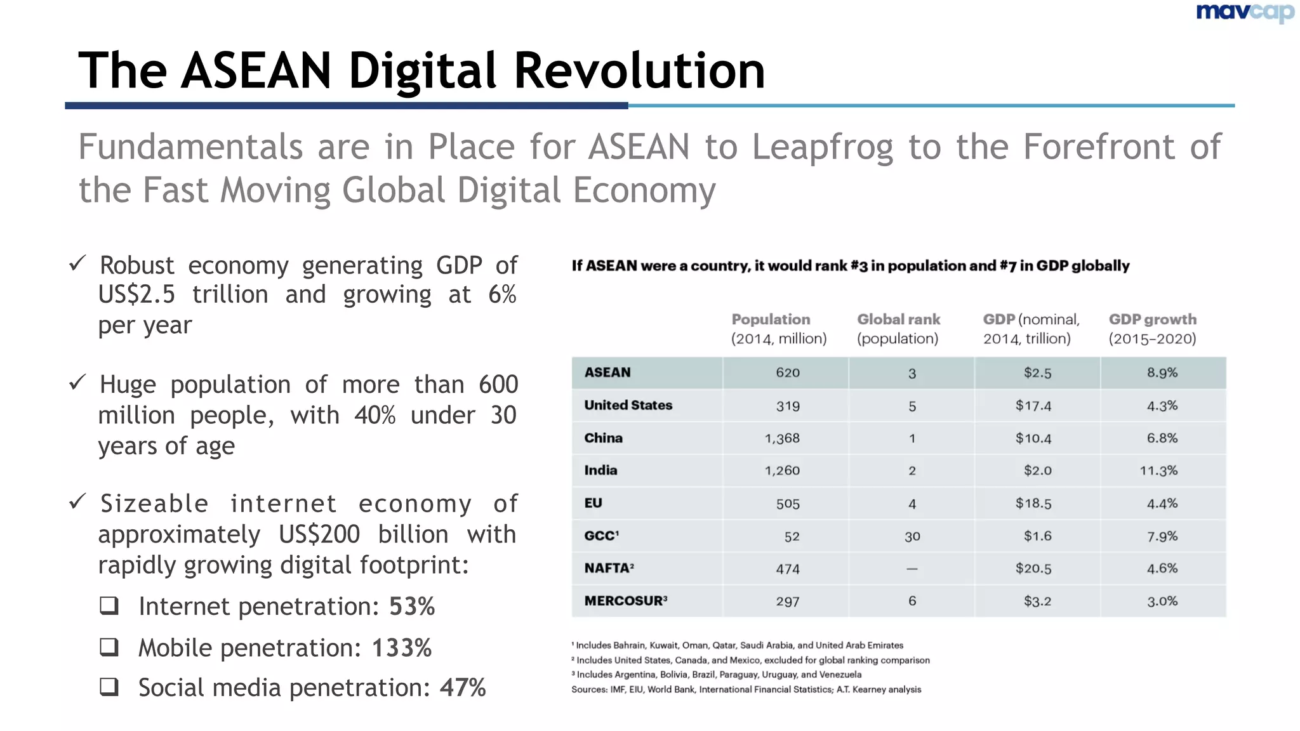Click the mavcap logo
pyautogui.click(x=1245, y=13)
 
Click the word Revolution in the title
pyautogui.click(x=639, y=70)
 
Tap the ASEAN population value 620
pyautogui.click(x=787, y=373)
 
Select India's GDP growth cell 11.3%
pyautogui.click(x=1158, y=471)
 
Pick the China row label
pyautogui.click(x=603, y=438)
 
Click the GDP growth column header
pyautogui.click(x=1152, y=329)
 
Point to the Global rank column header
pyautogui.click(x=898, y=329)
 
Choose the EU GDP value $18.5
pyautogui.click(x=1033, y=504)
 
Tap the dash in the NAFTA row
pyautogui.click(x=912, y=569)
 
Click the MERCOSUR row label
pyautogui.click(x=625, y=601)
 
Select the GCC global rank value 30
pyautogui.click(x=912, y=537)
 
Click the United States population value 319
pyautogui.click(x=788, y=406)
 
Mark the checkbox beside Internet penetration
pyautogui.click(x=109, y=606)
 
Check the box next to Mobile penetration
pyautogui.click(x=109, y=647)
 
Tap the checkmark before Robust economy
pyautogui.click(x=77, y=263)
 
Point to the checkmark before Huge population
pyautogui.click(x=77, y=382)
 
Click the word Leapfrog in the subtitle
pyautogui.click(x=823, y=147)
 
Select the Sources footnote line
pyautogui.click(x=746, y=690)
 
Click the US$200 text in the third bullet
pyautogui.click(x=319, y=534)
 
